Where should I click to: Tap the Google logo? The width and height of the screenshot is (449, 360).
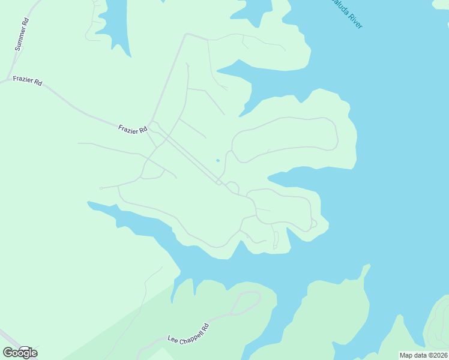pos(20,352)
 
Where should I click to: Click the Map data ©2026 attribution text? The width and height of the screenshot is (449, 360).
pos(423,355)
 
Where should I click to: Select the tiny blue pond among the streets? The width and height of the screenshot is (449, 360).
pos(218,160)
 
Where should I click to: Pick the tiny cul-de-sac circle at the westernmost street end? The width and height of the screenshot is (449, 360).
pos(101,188)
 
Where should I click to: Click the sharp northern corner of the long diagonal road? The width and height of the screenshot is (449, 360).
pos(186,34)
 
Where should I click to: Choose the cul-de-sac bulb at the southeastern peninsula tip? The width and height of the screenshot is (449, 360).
pos(313,223)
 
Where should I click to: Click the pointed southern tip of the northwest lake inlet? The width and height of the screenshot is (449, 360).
pos(128,56)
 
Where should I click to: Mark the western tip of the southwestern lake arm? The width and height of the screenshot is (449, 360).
pos(89,203)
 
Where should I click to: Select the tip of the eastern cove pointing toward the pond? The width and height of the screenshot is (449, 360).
pos(269,177)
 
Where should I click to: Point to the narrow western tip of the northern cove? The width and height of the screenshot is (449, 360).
pos(218,71)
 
